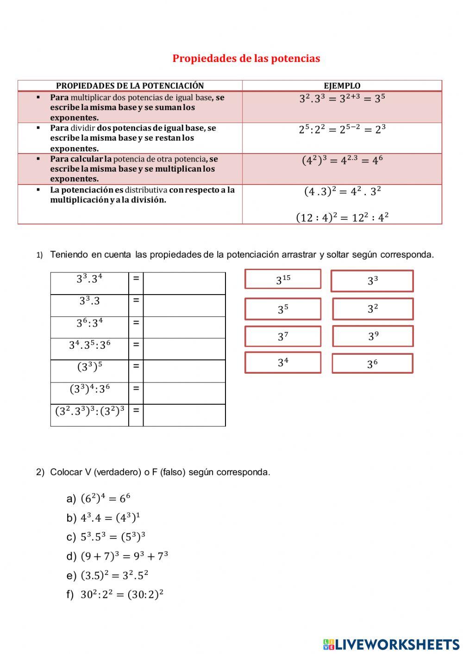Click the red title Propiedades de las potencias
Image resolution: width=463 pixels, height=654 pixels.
[246, 59]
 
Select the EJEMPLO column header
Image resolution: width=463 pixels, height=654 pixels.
[342, 86]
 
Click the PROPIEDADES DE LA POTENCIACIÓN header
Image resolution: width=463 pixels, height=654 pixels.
[130, 86]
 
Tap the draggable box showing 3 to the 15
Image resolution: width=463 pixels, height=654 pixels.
[283, 279]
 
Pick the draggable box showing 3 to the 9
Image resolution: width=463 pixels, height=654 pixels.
[373, 336]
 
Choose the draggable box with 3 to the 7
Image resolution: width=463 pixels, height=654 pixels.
[283, 336]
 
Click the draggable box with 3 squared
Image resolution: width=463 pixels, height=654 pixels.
[373, 309]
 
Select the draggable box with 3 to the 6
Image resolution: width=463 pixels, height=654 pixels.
[372, 364]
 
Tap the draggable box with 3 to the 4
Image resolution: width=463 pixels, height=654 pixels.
[283, 363]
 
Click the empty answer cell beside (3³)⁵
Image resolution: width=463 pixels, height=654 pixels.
[184, 371]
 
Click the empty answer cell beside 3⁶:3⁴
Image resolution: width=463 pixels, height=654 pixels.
[184, 327]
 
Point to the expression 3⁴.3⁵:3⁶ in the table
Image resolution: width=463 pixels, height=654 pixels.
[90, 345]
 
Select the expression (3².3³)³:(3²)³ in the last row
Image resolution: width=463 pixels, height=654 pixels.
[90, 411]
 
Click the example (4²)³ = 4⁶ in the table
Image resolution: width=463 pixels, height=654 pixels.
[342, 160]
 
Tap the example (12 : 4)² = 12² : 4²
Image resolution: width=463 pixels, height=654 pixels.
[342, 217]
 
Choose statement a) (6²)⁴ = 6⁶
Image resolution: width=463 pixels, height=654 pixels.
[106, 499]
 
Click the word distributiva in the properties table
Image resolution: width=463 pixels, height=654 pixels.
[146, 190]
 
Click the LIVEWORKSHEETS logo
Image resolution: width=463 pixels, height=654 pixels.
[391, 644]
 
